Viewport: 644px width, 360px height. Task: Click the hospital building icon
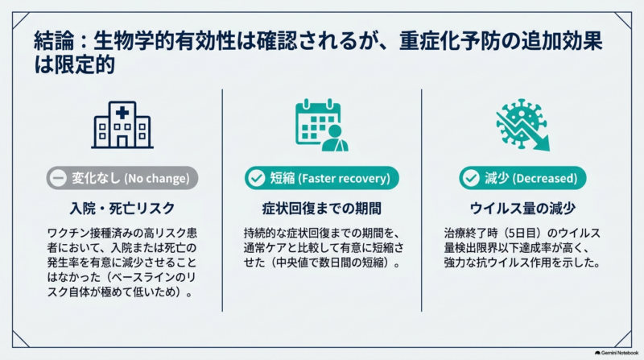pyautogui.click(x=122, y=125)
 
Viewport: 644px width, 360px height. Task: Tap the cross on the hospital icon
pyautogui.click(x=122, y=113)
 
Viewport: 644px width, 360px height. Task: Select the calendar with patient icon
pyautogui.click(x=321, y=125)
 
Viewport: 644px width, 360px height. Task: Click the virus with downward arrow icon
pyautogui.click(x=522, y=125)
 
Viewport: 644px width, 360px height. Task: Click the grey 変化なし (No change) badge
pyautogui.click(x=122, y=178)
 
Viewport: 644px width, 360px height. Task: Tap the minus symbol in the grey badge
pyautogui.click(x=58, y=178)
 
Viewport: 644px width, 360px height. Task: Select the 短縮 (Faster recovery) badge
pyautogui.click(x=321, y=178)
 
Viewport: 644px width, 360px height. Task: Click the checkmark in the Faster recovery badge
pyautogui.click(x=257, y=178)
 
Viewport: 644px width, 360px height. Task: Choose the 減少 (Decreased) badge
pyautogui.click(x=522, y=178)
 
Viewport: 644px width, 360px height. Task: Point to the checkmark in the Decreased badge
pyautogui.click(x=471, y=178)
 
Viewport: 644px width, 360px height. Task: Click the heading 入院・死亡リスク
pyautogui.click(x=122, y=209)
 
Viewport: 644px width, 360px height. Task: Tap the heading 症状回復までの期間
pyautogui.click(x=321, y=209)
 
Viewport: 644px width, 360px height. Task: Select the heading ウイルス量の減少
pyautogui.click(x=522, y=209)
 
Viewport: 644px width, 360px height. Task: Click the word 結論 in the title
pyautogui.click(x=54, y=41)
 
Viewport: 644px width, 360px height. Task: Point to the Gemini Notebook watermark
pyautogui.click(x=617, y=353)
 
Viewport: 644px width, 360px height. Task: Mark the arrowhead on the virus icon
pyautogui.click(x=544, y=144)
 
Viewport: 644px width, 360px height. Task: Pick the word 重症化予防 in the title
pyautogui.click(x=449, y=41)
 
